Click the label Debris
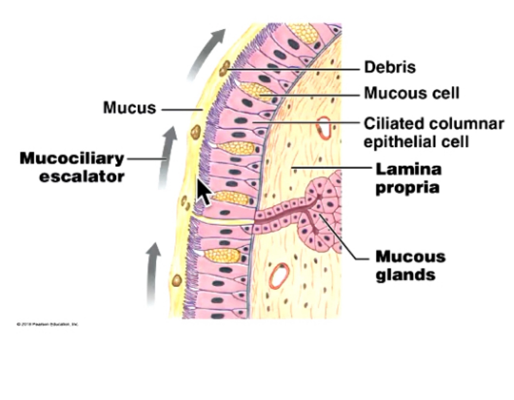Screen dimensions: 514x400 [x=390, y=67]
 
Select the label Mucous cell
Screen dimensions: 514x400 [x=412, y=93]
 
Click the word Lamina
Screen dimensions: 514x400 [x=408, y=169]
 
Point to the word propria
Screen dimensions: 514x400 [x=407, y=187]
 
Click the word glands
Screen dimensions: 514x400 [x=405, y=274]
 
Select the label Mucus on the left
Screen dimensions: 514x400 [x=129, y=108]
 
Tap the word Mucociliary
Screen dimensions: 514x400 [x=72, y=158]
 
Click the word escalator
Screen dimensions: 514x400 [x=82, y=177]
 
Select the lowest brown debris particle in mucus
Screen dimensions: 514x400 [x=177, y=280]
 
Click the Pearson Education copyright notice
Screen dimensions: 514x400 [x=47, y=324]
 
